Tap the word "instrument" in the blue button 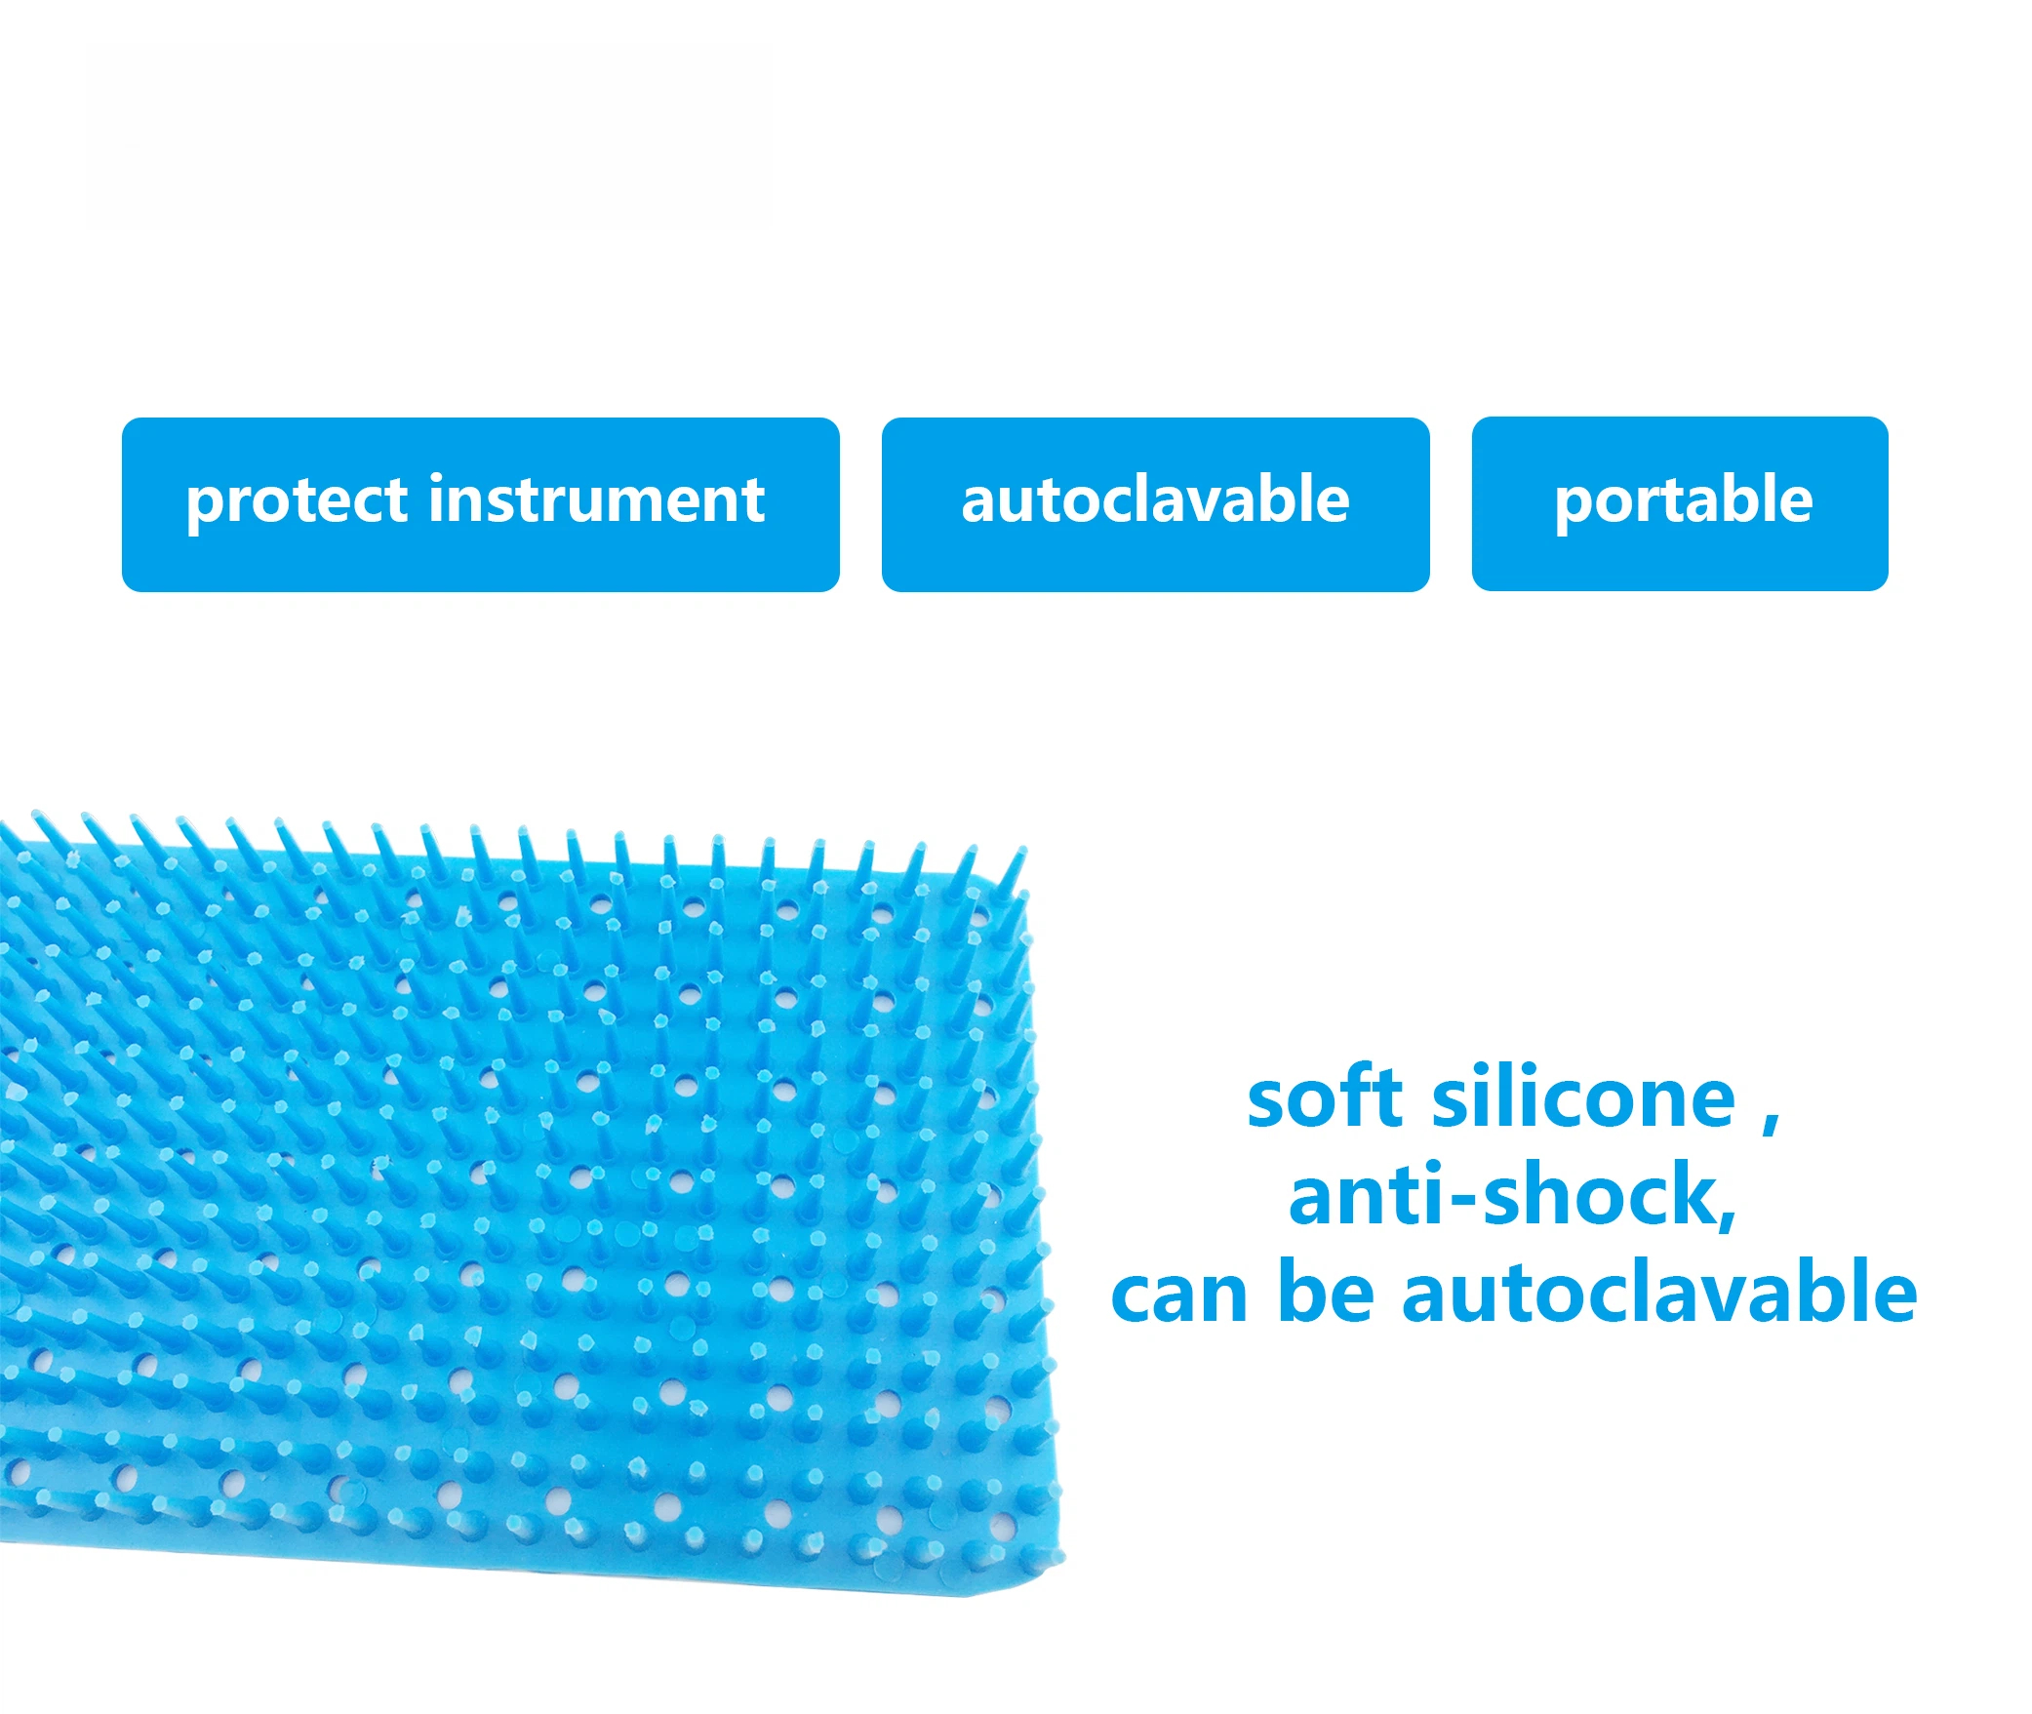pyautogui.click(x=597, y=499)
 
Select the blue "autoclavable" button pyautogui.click(x=1155, y=504)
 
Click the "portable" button pyautogui.click(x=1680, y=503)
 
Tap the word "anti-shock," pyautogui.click(x=1513, y=1196)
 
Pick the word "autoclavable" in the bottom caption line pyautogui.click(x=1659, y=1291)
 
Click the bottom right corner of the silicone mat pyautogui.click(x=1061, y=1558)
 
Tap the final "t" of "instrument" pyautogui.click(x=752, y=503)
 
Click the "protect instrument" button pyautogui.click(x=480, y=504)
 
